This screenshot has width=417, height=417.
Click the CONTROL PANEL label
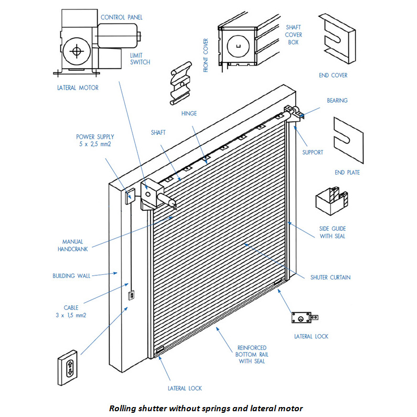point(121,17)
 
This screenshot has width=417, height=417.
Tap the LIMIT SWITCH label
point(140,58)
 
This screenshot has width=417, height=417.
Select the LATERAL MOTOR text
point(78,87)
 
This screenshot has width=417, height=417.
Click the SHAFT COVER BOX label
point(293,35)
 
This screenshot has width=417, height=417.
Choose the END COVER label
point(333,75)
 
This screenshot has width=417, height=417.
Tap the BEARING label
point(337,100)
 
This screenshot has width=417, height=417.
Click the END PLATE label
point(347,172)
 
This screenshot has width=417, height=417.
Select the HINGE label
point(189,113)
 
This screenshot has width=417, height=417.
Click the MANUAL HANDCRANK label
point(72,245)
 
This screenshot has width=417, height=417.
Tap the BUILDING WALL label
point(71,275)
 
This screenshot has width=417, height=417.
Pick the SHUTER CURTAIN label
point(330,277)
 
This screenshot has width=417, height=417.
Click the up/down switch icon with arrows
point(69,362)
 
